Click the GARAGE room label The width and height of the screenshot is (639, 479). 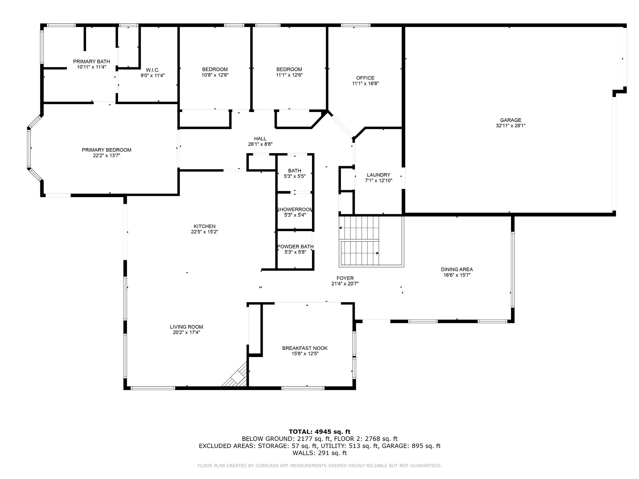pyautogui.click(x=510, y=120)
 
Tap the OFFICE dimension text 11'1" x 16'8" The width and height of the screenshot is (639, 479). pyautogui.click(x=365, y=84)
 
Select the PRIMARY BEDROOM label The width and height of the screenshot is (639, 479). pyautogui.click(x=107, y=150)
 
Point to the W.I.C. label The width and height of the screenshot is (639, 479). pyautogui.click(x=152, y=70)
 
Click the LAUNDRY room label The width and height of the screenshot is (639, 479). pyautogui.click(x=379, y=175)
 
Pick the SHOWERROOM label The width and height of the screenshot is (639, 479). pyautogui.click(x=295, y=209)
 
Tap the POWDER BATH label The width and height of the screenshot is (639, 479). pyautogui.click(x=295, y=246)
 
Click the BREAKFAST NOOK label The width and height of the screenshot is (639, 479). pyautogui.click(x=305, y=348)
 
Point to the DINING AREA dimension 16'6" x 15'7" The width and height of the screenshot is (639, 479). pyautogui.click(x=457, y=275)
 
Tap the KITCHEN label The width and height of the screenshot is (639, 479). pyautogui.click(x=204, y=226)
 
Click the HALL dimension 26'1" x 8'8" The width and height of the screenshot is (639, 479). pyautogui.click(x=260, y=144)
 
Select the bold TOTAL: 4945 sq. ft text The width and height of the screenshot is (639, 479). pyautogui.click(x=320, y=432)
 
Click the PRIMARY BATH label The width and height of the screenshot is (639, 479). pyautogui.click(x=91, y=61)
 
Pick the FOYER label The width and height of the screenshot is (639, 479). pyautogui.click(x=345, y=278)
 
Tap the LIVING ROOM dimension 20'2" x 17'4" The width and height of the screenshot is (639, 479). pyautogui.click(x=186, y=332)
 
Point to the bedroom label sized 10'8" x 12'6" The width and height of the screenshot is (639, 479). pyautogui.click(x=215, y=69)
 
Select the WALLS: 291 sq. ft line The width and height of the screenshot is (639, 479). pyautogui.click(x=320, y=453)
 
